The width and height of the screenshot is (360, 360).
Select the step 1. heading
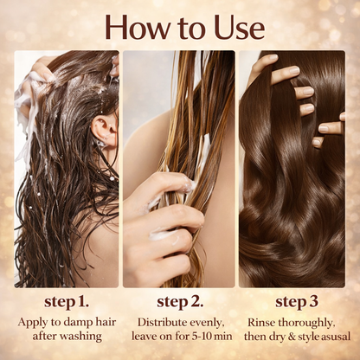(66, 302)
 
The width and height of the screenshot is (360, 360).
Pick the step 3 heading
(297, 302)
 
